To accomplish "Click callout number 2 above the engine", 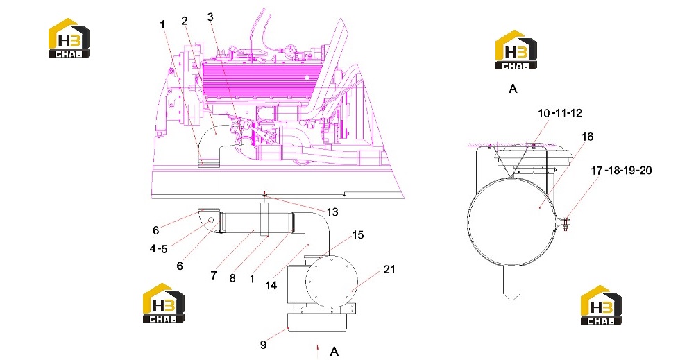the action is [x=185, y=20].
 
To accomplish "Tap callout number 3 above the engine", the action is [x=210, y=17].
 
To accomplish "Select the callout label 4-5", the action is [x=158, y=248].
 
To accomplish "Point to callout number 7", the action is [x=214, y=275].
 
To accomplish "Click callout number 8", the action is [x=232, y=278].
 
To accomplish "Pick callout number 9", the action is [x=263, y=344].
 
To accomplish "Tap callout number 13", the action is [x=332, y=212].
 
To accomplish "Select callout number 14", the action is [x=271, y=285].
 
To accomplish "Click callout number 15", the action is [x=358, y=235].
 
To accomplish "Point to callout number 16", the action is [x=587, y=137].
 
